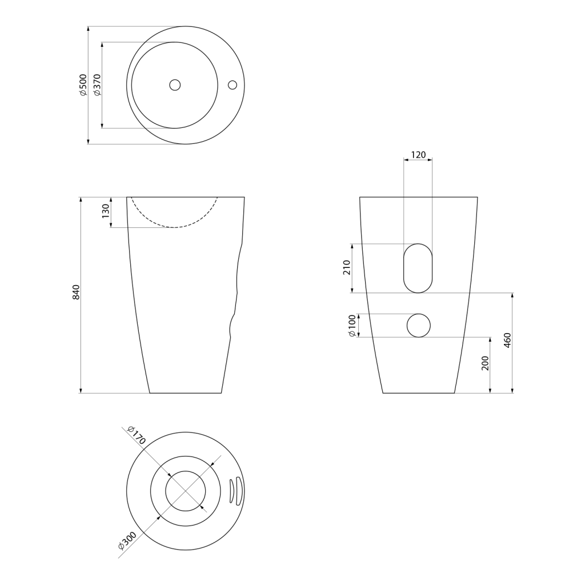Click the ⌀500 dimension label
pos(83,85)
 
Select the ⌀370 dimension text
pos(97,85)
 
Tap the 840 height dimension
pos(76,292)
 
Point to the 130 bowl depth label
pos(106,211)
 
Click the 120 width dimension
pos(418,154)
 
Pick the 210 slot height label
pos(347,267)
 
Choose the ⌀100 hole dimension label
pos(352,326)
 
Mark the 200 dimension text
pos(485,363)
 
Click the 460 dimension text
pos(507,340)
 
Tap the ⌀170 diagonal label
pos(136,435)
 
